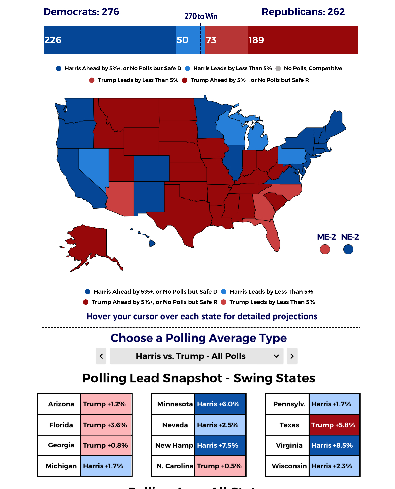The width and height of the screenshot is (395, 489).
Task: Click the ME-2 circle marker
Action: pyautogui.click(x=325, y=249)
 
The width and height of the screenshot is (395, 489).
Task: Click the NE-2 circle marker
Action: pyautogui.click(x=348, y=249)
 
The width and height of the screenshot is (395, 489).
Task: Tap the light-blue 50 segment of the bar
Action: pyautogui.click(x=190, y=40)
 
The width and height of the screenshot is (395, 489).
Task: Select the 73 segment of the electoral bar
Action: pyautogui.click(x=226, y=40)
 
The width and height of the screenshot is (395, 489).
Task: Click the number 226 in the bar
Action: pyautogui.click(x=53, y=40)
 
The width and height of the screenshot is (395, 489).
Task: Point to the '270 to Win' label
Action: pyautogui.click(x=201, y=16)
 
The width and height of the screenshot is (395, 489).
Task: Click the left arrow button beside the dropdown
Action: pyautogui.click(x=101, y=356)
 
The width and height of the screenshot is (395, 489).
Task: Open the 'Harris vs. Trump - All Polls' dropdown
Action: pyautogui.click(x=196, y=356)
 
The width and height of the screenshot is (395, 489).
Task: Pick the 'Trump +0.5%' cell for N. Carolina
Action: pyautogui.click(x=220, y=466)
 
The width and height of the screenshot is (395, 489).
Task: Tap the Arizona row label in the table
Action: pyautogui.click(x=61, y=404)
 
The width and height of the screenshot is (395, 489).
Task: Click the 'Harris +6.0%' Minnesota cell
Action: pyautogui.click(x=220, y=404)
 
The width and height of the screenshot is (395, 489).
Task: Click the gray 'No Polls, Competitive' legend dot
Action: pyautogui.click(x=278, y=68)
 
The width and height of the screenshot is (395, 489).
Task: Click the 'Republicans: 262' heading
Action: pyautogui.click(x=303, y=12)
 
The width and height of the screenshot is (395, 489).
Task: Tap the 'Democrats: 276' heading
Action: pyautogui.click(x=81, y=12)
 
